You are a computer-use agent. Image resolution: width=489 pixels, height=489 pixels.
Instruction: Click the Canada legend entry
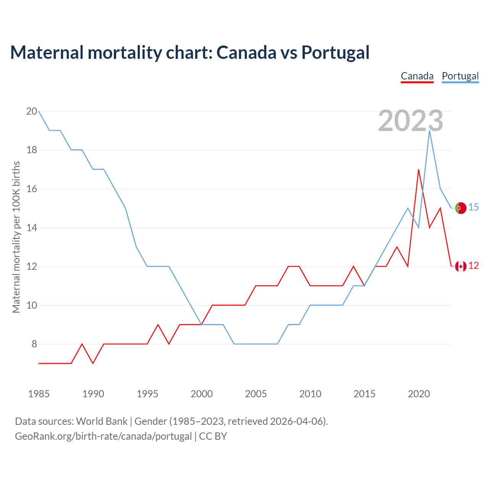click(x=417, y=76)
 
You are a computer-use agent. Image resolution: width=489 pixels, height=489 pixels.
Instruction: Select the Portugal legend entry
click(x=460, y=76)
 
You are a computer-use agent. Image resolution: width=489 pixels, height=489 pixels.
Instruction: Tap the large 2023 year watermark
click(x=411, y=121)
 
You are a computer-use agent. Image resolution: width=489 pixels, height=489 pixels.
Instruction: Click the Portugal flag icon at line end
click(x=461, y=208)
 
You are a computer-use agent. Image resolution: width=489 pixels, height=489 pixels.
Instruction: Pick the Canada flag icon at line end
click(x=461, y=266)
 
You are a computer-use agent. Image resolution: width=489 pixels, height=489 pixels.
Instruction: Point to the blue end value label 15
click(x=474, y=207)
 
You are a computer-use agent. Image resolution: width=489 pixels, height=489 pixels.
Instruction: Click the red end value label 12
click(x=474, y=266)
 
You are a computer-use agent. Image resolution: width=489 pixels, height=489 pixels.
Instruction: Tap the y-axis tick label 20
click(x=32, y=112)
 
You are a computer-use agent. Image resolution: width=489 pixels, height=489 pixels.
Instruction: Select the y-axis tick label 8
click(x=34, y=344)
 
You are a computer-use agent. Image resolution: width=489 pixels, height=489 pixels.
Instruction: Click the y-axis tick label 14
click(x=32, y=228)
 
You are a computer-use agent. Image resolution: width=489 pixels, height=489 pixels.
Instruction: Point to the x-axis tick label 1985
click(x=39, y=394)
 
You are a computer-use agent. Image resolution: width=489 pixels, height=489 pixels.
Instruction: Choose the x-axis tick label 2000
click(x=202, y=394)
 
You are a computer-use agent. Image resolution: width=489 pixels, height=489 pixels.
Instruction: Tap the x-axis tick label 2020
click(x=419, y=394)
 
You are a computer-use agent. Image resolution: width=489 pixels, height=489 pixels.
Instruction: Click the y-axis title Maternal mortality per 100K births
click(x=16, y=237)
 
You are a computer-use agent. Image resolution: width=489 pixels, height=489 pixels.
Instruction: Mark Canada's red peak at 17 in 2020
click(x=419, y=170)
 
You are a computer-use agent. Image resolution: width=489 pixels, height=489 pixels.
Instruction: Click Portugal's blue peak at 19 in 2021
click(x=429, y=131)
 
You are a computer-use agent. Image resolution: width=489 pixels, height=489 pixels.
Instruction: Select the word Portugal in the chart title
click(x=335, y=53)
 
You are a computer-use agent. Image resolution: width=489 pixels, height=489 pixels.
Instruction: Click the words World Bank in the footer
click(x=102, y=421)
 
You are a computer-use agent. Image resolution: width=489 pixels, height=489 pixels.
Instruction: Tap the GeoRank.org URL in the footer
click(x=103, y=436)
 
